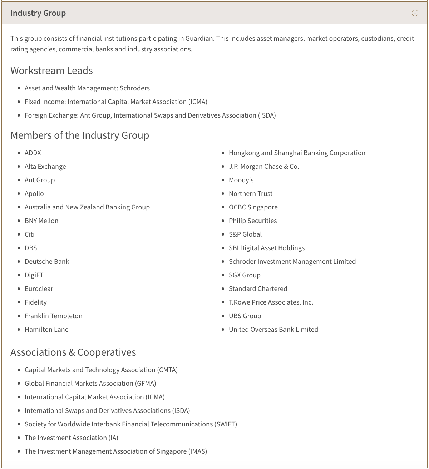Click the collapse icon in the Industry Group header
[x=415, y=13]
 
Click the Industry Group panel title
[x=38, y=13]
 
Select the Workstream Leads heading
[x=51, y=71]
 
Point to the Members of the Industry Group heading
[x=80, y=135]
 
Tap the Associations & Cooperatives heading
[x=73, y=352]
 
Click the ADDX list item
[x=33, y=153]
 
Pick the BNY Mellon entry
[x=41, y=221]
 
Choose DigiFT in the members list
[x=34, y=275]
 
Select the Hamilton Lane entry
[x=46, y=330]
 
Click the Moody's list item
[x=241, y=180]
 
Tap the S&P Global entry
[x=245, y=234]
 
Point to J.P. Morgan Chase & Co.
[x=264, y=167]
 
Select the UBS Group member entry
[x=245, y=316]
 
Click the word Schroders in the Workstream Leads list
[x=135, y=88]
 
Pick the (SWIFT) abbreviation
[x=226, y=424]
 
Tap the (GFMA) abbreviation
[x=146, y=384]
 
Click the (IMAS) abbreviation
[x=198, y=451]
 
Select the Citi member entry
[x=30, y=234]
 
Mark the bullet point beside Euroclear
[x=19, y=289]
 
